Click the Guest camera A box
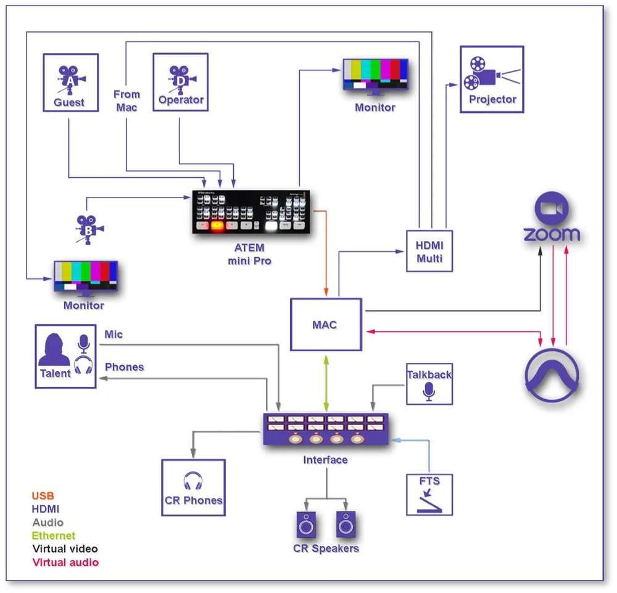[70, 83]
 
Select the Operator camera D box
[180, 83]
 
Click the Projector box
[492, 79]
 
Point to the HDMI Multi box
[429, 251]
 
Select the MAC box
[326, 325]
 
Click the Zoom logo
[552, 219]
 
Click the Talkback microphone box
[429, 384]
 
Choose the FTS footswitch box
[429, 494]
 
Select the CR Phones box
[193, 487]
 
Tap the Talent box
[65, 357]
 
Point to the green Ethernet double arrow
[326, 381]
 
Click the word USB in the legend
[43, 496]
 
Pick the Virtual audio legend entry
[65, 562]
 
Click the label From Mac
[126, 101]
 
